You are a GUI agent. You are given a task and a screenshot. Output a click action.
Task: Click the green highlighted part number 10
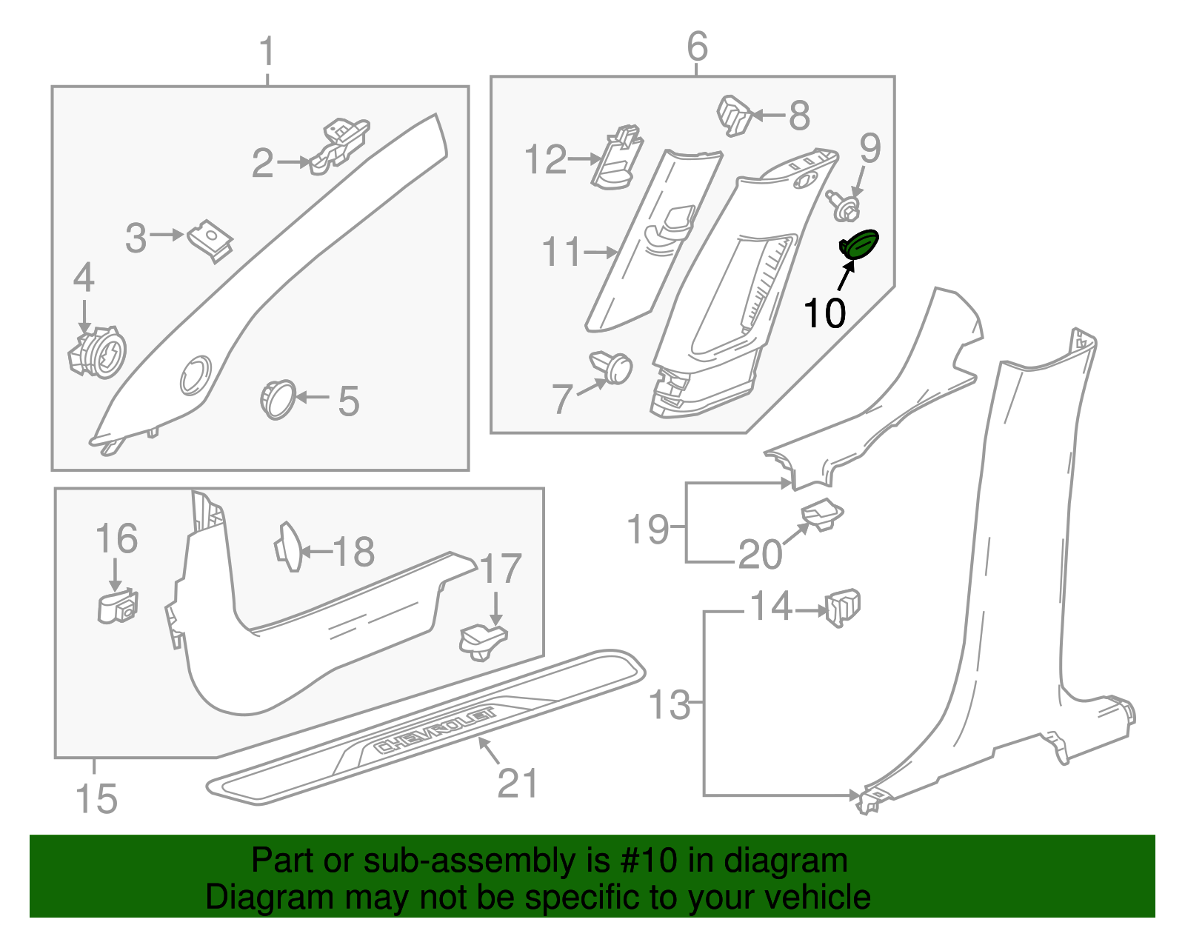(859, 245)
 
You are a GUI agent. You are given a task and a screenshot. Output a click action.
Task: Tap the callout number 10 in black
(824, 313)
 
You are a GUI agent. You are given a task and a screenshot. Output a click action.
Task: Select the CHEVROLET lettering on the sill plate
(435, 731)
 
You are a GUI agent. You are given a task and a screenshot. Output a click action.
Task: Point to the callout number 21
(517, 783)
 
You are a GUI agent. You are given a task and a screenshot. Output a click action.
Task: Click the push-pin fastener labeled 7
(612, 368)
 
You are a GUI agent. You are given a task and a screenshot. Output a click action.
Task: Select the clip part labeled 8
(735, 116)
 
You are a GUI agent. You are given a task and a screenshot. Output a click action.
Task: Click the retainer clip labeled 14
(843, 607)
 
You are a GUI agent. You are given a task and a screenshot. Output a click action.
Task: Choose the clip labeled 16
(118, 606)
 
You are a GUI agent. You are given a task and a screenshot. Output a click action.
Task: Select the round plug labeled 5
(278, 399)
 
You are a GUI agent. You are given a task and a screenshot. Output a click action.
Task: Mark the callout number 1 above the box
(267, 53)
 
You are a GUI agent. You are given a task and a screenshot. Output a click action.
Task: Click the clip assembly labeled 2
(340, 144)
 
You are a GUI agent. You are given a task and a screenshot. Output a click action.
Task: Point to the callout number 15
(96, 799)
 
